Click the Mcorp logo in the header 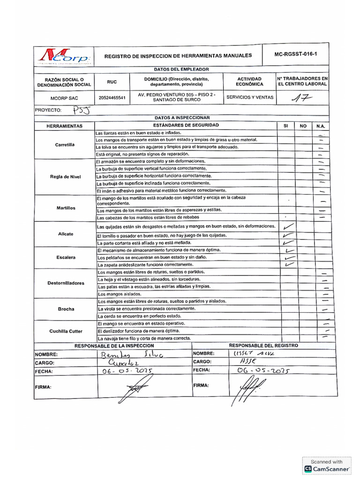(x=64, y=56)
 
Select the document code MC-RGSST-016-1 (x=296, y=55)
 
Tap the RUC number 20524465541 (x=112, y=98)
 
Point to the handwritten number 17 (x=302, y=98)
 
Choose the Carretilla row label (x=65, y=145)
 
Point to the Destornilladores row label (x=66, y=283)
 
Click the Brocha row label (x=66, y=309)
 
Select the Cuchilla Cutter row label (x=66, y=331)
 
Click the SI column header (x=285, y=126)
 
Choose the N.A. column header (x=321, y=126)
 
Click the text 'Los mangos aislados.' (x=120, y=294)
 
